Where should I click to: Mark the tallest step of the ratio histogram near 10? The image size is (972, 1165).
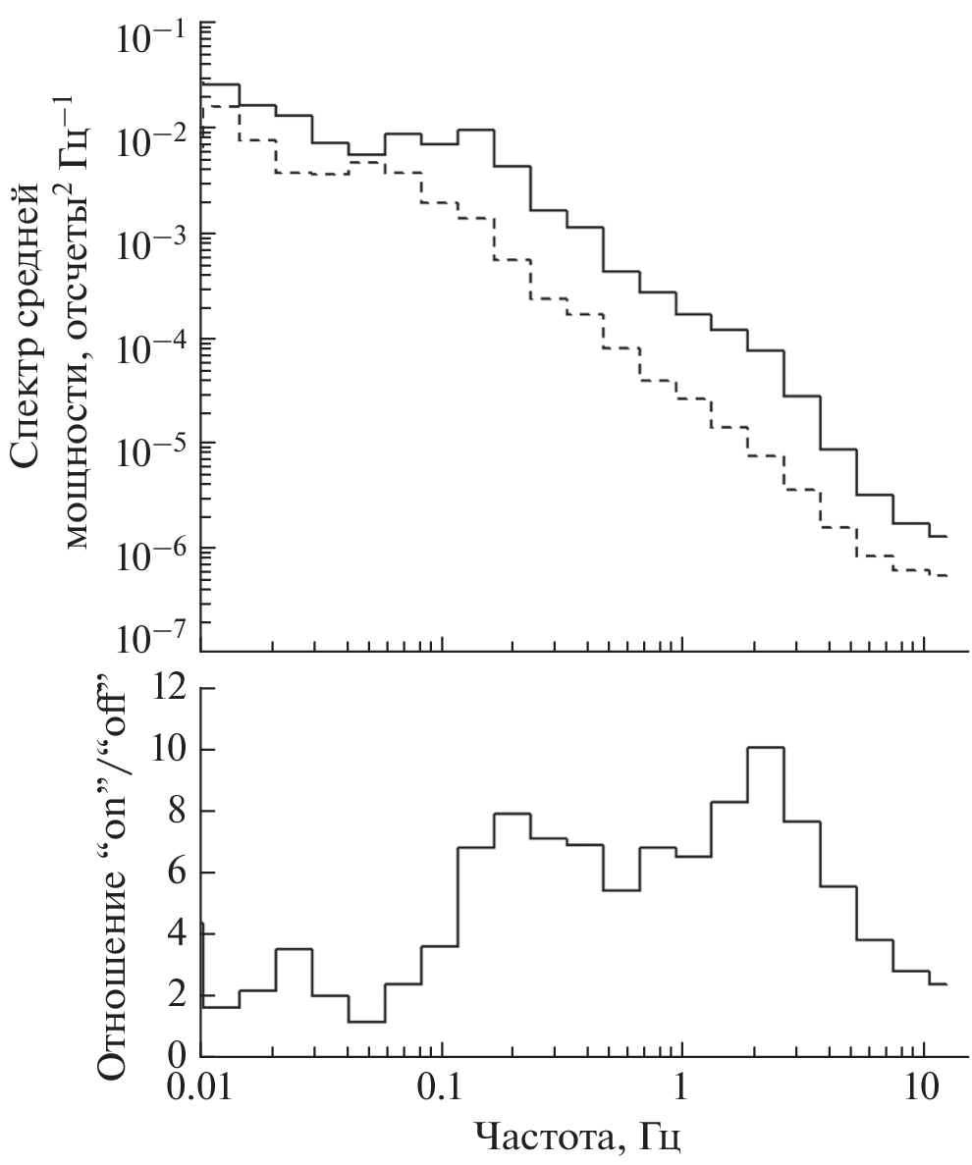[766, 748]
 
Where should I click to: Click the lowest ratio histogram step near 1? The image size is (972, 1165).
[366, 1022]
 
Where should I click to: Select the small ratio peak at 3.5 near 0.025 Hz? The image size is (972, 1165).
[294, 949]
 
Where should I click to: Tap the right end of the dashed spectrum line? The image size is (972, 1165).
[946, 575]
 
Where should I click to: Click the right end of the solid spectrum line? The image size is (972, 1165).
[946, 536]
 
